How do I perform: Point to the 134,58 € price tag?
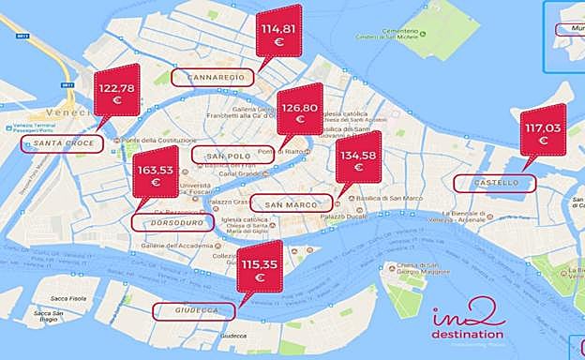(358, 163)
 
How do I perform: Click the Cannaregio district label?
(216, 75)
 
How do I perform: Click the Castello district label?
(495, 183)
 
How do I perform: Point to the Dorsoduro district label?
(170, 223)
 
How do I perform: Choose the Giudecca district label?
(198, 310)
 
